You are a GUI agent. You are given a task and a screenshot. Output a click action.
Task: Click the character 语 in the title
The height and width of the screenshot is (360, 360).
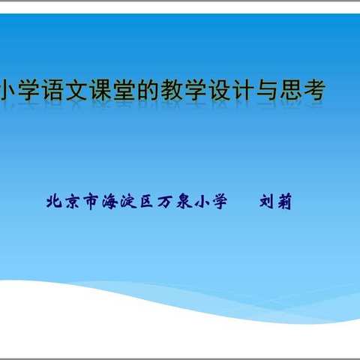(x=58, y=92)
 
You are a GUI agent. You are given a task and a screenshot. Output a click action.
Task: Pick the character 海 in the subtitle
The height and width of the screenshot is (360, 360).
(x=109, y=201)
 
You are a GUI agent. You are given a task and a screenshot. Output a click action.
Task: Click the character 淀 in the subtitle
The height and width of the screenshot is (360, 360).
(x=128, y=201)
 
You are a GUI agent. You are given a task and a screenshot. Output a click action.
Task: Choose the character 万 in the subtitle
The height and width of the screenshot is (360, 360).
(x=165, y=201)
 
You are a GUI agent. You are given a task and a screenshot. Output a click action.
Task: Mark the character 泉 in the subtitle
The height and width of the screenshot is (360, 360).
(x=184, y=201)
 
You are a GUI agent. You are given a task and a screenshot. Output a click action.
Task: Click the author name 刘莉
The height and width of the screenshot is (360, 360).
(x=275, y=201)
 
